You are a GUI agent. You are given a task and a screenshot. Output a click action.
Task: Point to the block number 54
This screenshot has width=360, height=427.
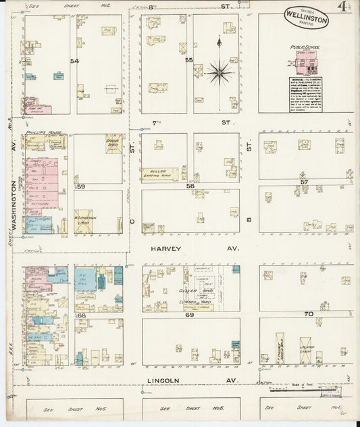coord(74,61)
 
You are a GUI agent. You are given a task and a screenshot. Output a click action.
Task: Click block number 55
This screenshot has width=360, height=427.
coord(190,61)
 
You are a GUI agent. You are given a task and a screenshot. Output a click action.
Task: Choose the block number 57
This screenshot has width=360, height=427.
coord(304,182)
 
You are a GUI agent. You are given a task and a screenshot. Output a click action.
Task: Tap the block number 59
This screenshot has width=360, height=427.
coord(80,186)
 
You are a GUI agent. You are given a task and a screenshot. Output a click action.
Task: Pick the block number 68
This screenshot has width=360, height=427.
coord(81,315)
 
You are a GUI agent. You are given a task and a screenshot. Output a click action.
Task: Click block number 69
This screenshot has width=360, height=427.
coord(190,315)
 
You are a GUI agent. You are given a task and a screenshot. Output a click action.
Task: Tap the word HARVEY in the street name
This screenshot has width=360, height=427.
coord(165,249)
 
